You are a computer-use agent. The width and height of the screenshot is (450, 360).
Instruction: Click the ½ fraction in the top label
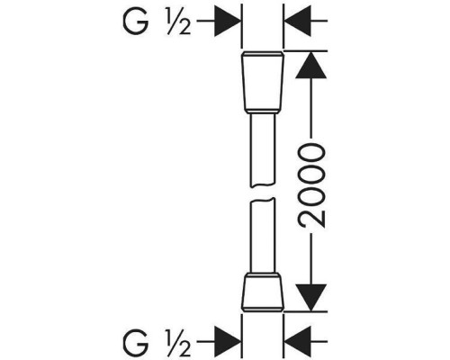click(178, 22)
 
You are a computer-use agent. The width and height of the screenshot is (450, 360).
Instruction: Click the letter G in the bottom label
click(135, 342)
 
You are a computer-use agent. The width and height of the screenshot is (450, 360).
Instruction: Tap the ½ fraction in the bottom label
click(178, 343)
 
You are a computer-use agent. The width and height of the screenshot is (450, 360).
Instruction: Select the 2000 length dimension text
click(311, 184)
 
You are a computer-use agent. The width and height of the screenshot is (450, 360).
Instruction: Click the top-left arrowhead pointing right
click(228, 22)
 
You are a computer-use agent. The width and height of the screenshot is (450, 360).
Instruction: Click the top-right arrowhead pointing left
click(297, 22)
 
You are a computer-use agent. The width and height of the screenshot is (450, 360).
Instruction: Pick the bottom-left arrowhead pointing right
click(228, 341)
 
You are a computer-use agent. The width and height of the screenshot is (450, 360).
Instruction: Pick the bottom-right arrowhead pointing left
click(297, 341)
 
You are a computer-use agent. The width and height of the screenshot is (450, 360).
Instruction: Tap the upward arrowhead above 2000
click(310, 65)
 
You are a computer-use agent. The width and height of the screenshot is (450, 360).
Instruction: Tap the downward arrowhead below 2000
click(310, 297)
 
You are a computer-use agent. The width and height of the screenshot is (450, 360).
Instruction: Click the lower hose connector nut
click(263, 293)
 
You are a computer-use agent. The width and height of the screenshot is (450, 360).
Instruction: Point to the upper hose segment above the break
click(263, 150)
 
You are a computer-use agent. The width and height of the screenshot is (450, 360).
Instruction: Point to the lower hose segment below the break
click(263, 236)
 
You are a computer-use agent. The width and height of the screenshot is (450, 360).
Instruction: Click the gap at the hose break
click(263, 193)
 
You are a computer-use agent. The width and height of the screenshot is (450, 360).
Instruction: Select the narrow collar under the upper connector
click(263, 111)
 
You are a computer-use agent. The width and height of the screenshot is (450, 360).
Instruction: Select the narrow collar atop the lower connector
click(263, 274)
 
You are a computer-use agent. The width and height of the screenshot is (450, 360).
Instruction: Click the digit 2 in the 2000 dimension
click(311, 218)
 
